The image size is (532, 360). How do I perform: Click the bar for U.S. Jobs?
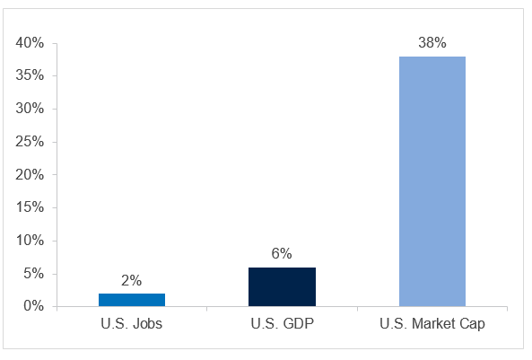pyautogui.click(x=132, y=300)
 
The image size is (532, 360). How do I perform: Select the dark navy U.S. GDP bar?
pyautogui.click(x=282, y=286)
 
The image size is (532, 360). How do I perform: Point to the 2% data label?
pyautogui.click(x=132, y=280)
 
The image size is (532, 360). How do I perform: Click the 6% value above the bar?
pyautogui.click(x=282, y=254)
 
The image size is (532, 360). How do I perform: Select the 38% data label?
pyautogui.click(x=432, y=43)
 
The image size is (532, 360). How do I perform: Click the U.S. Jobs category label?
pyautogui.click(x=132, y=324)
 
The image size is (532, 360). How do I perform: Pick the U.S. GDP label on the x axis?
pyautogui.click(x=282, y=324)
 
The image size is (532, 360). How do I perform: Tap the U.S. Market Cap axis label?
pyautogui.click(x=432, y=324)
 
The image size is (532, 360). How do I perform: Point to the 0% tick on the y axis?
pyautogui.click(x=33, y=307)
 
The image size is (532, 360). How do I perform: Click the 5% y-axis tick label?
pyautogui.click(x=33, y=274)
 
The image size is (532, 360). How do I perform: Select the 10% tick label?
pyautogui.click(x=31, y=241)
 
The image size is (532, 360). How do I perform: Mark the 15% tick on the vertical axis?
pyautogui.click(x=31, y=207)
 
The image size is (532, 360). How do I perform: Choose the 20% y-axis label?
pyautogui.click(x=31, y=175)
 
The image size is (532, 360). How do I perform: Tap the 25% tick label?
pyautogui.click(x=31, y=142)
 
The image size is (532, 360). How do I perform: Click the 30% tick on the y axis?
pyautogui.click(x=31, y=109)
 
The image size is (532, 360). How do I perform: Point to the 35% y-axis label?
pyautogui.click(x=31, y=75)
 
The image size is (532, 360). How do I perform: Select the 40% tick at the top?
pyautogui.click(x=31, y=43)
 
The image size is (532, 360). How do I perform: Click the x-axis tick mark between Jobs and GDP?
pyautogui.click(x=206, y=310)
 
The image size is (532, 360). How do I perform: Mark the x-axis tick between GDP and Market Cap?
pyautogui.click(x=356, y=310)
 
